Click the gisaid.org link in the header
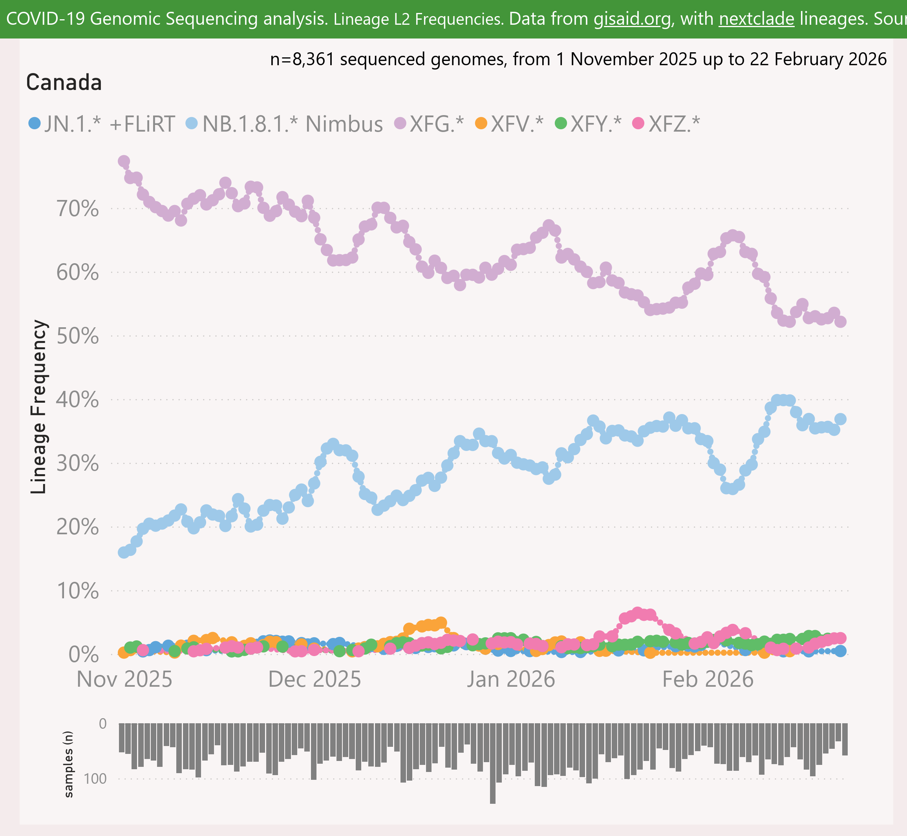(x=633, y=19)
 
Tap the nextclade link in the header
(x=757, y=19)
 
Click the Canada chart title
(x=64, y=83)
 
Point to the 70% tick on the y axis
(x=77, y=209)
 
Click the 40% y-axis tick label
(x=77, y=400)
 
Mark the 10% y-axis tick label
(x=77, y=591)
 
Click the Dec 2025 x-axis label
(x=315, y=680)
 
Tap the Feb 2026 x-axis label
(x=708, y=680)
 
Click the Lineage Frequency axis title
(x=39, y=407)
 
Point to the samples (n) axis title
(x=68, y=764)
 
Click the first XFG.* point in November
(x=123, y=161)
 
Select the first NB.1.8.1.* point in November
(x=123, y=552)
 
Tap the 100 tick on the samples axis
(x=96, y=779)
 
